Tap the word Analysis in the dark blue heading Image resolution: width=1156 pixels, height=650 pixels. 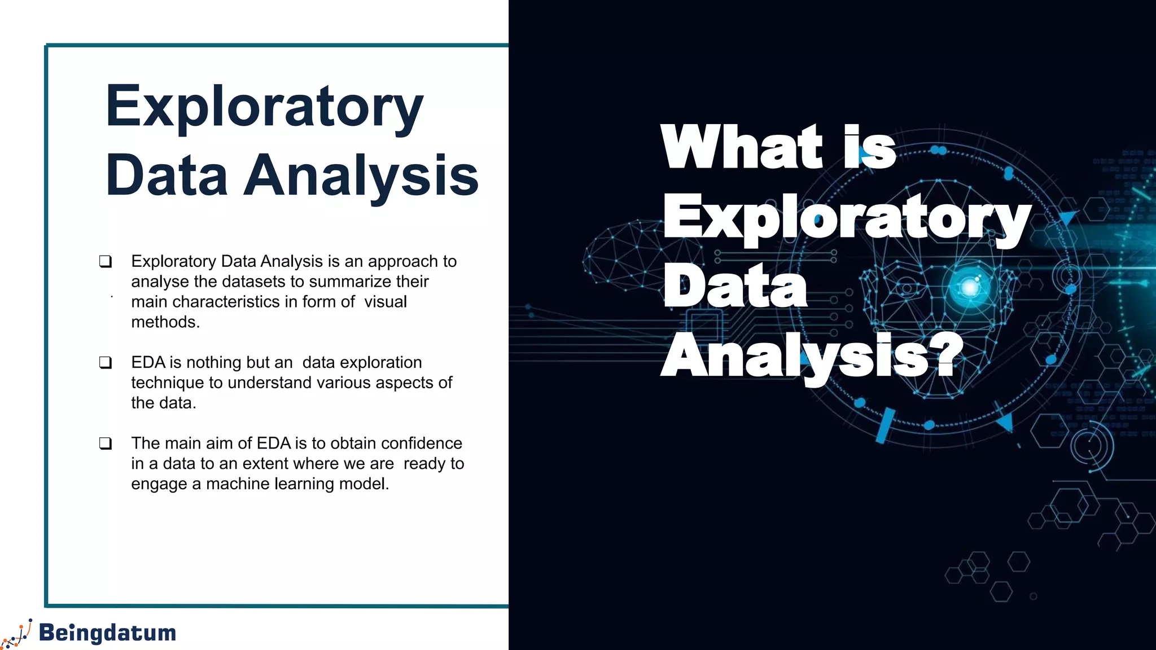click(x=361, y=176)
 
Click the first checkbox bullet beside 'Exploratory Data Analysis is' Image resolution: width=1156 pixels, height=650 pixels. click(x=106, y=261)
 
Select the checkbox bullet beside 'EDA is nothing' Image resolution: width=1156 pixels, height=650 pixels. click(x=106, y=362)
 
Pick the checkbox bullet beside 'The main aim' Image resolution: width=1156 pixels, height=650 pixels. click(x=106, y=443)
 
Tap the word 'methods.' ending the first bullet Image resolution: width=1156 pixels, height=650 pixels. click(x=165, y=322)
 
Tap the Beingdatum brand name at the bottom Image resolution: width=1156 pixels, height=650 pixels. click(x=108, y=633)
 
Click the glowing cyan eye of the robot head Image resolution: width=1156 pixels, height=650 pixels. click(x=970, y=287)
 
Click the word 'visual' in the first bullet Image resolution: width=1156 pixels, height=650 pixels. click(x=386, y=302)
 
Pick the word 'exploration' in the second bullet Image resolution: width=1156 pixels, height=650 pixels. click(x=362, y=362)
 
